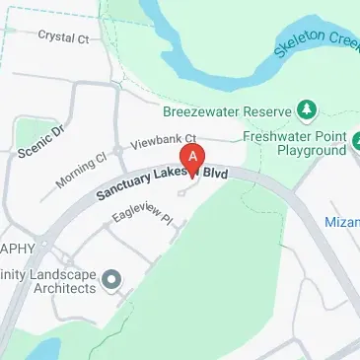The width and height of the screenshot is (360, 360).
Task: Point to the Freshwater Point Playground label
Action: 302,144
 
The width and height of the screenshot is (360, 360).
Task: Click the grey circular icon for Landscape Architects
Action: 110,280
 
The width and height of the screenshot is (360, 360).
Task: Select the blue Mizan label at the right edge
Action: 342,224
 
